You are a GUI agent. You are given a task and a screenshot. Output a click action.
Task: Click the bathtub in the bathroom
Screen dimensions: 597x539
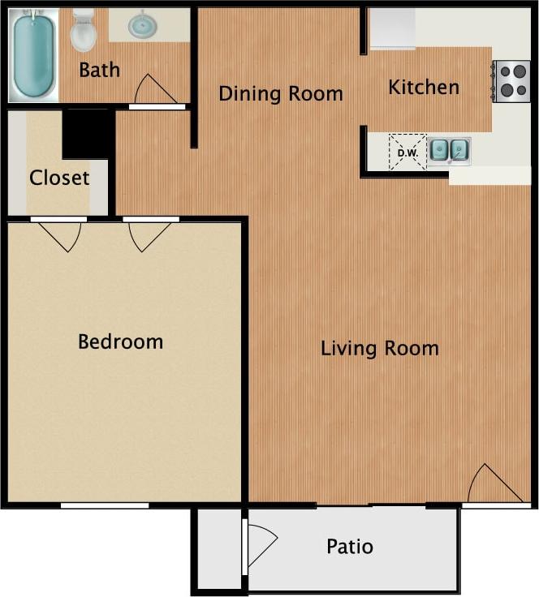point(33,54)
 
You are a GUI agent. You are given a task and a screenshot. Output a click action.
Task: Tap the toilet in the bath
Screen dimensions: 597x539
point(83,32)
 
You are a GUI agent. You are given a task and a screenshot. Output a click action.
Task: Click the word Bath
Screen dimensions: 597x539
point(99,70)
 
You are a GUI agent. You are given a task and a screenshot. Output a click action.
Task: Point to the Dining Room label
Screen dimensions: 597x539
point(280,93)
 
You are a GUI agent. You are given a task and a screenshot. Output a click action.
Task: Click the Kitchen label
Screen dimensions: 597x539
point(423,87)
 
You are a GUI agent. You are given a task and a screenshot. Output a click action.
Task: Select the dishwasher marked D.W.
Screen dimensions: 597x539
point(407,152)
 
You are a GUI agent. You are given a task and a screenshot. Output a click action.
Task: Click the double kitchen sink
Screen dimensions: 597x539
point(449,150)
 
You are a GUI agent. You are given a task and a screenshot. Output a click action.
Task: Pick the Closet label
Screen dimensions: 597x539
point(59,178)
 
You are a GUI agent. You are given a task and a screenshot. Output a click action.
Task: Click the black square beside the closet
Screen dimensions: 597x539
point(88,133)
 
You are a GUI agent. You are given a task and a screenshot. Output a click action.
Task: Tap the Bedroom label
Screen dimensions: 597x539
point(120,341)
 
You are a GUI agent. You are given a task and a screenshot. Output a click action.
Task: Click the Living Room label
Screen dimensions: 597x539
point(379,349)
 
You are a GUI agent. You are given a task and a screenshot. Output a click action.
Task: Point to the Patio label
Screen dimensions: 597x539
point(350,546)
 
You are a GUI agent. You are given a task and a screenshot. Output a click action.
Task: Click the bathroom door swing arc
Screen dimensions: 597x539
point(155,89)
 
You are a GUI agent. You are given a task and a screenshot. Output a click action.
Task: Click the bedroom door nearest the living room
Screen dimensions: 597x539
point(149,234)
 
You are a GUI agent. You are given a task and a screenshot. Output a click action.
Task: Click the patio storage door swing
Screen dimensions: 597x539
point(261,543)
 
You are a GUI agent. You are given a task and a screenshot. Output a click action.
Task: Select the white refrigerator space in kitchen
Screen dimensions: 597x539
point(392,28)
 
